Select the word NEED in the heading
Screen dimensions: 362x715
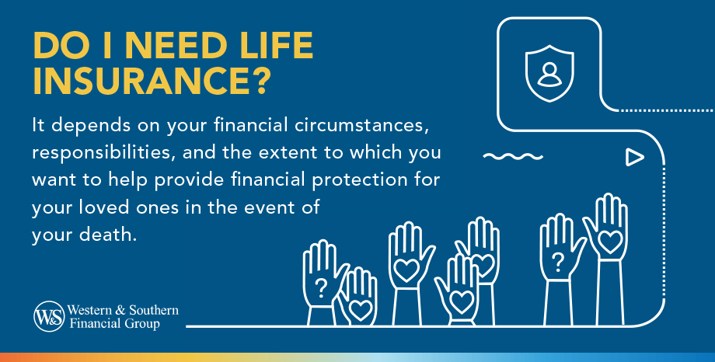[x=162, y=47]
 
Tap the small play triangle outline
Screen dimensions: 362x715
[x=635, y=158]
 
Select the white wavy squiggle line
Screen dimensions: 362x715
[x=511, y=157]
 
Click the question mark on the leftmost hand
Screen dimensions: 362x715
[x=320, y=287]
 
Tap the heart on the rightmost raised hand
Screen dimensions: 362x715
[x=610, y=238]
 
